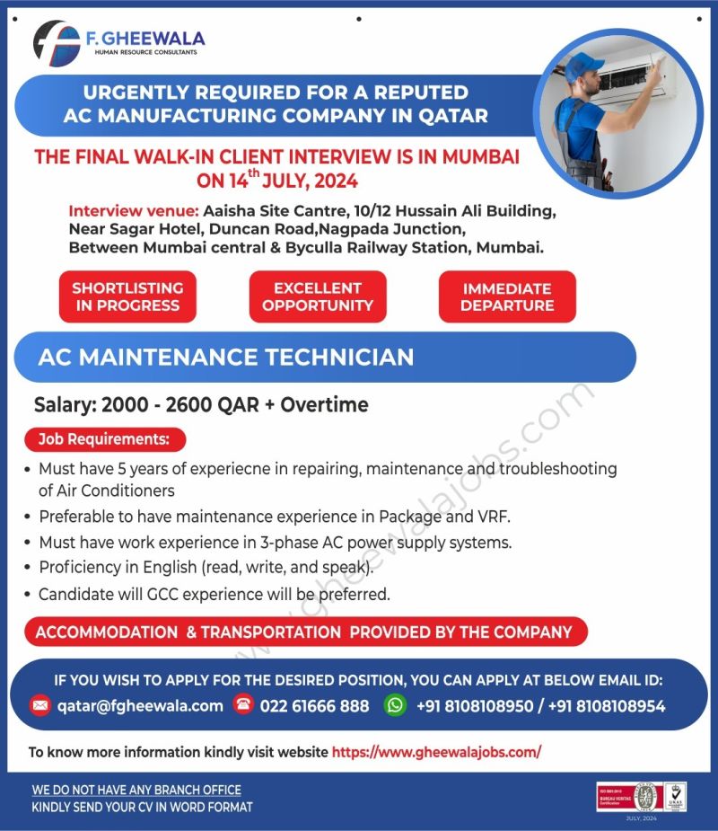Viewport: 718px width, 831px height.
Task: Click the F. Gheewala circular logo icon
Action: pos(57,42)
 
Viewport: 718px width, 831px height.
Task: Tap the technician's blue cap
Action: pos(586,64)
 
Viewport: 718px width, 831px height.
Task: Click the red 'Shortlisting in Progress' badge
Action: pos(127,296)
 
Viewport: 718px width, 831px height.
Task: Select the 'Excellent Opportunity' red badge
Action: pos(318,296)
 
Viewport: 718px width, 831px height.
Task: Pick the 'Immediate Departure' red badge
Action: pos(507,296)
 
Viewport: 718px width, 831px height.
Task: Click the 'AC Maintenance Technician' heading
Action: pos(226,357)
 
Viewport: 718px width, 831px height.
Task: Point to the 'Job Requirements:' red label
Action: pos(104,439)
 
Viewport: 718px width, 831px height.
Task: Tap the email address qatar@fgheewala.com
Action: pos(140,705)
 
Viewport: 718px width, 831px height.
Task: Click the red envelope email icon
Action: pos(39,705)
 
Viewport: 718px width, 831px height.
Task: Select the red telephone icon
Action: pos(242,704)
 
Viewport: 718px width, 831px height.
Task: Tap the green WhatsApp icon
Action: pos(395,705)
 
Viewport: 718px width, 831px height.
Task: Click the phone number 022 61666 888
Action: pos(314,705)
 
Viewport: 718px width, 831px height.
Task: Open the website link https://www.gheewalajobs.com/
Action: pos(436,752)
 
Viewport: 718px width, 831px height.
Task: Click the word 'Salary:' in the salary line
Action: pos(65,404)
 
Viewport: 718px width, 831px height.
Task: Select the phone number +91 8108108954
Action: pos(607,705)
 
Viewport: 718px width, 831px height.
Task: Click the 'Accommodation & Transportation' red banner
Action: pos(303,632)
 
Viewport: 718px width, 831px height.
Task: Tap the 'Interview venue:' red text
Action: pos(133,211)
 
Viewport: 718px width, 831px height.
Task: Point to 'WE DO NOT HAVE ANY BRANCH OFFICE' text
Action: pos(136,790)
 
